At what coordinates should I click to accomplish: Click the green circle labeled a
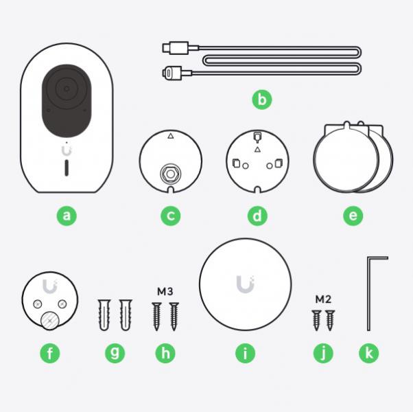tap(67, 216)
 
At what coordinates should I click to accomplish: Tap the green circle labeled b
tap(262, 100)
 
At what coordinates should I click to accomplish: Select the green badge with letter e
tap(353, 216)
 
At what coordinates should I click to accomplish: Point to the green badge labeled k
tap(369, 353)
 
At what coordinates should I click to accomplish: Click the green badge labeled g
tap(115, 353)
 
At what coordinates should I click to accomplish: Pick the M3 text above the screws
tap(165, 292)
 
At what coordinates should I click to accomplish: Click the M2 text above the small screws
tap(323, 299)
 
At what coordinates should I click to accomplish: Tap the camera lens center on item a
tap(67, 89)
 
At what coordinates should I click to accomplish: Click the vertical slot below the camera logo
tap(67, 168)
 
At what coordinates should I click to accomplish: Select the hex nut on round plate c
tap(170, 174)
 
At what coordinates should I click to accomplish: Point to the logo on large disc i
tap(245, 284)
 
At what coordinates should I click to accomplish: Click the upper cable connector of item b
tap(176, 47)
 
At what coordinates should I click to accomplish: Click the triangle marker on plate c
tap(171, 136)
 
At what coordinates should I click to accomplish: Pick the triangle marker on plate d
tap(257, 150)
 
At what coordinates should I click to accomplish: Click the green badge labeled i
tap(245, 353)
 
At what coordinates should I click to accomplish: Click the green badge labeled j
tap(323, 353)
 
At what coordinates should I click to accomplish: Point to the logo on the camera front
tap(67, 151)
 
